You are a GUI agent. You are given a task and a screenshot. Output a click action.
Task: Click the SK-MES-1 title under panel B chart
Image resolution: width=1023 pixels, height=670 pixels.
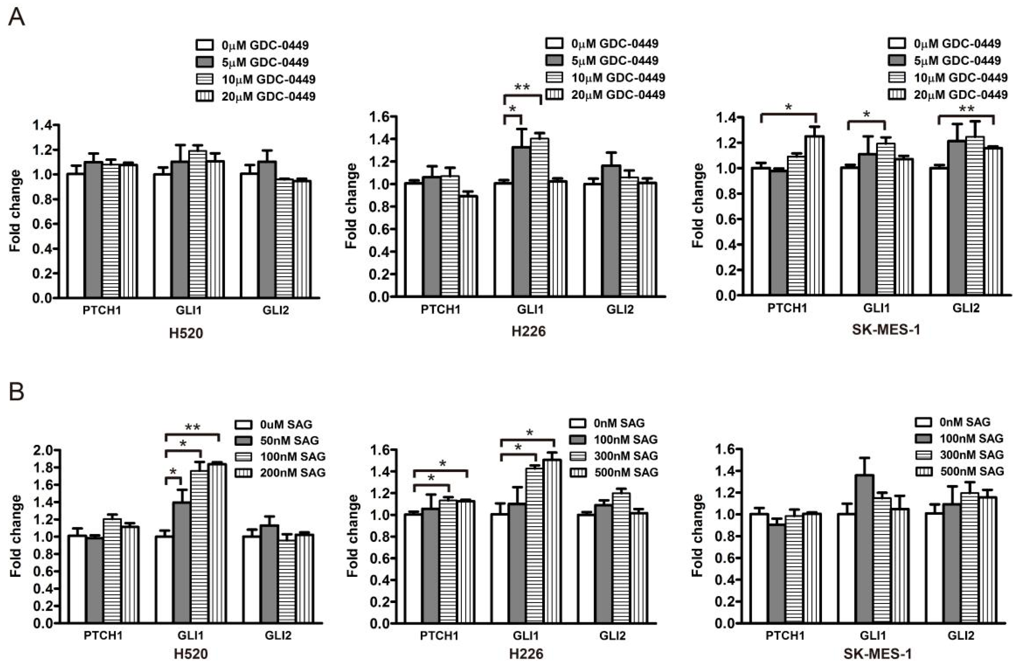pos(877,654)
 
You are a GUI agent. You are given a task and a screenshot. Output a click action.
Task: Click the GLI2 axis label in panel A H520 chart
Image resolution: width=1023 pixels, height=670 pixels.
pos(275,310)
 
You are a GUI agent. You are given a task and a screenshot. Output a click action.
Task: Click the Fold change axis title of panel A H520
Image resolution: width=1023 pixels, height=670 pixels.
pos(15,211)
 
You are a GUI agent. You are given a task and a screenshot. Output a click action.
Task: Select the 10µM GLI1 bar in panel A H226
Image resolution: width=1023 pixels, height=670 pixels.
pos(539,217)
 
